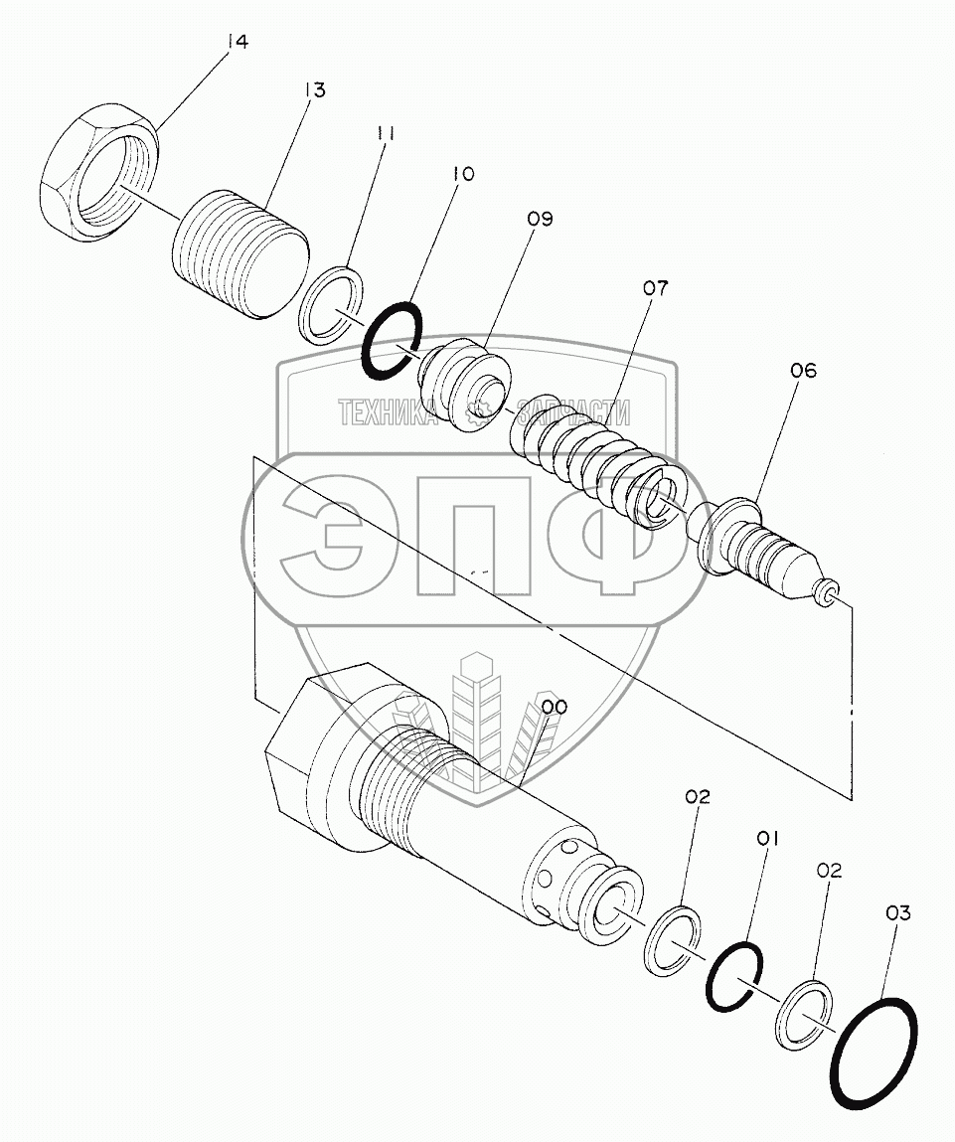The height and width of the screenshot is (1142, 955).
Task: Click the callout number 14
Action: (238, 42)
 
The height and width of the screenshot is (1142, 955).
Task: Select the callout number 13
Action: (315, 90)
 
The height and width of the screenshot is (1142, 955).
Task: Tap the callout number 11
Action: (387, 133)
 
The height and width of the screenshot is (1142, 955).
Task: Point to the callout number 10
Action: (463, 174)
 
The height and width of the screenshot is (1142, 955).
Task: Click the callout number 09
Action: (541, 220)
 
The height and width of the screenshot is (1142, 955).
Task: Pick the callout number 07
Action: (655, 288)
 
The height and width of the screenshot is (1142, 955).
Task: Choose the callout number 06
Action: (804, 371)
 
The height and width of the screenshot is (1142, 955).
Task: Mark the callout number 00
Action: (555, 708)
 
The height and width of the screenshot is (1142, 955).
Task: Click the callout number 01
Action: (768, 839)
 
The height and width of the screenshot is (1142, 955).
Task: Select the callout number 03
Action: (898, 913)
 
